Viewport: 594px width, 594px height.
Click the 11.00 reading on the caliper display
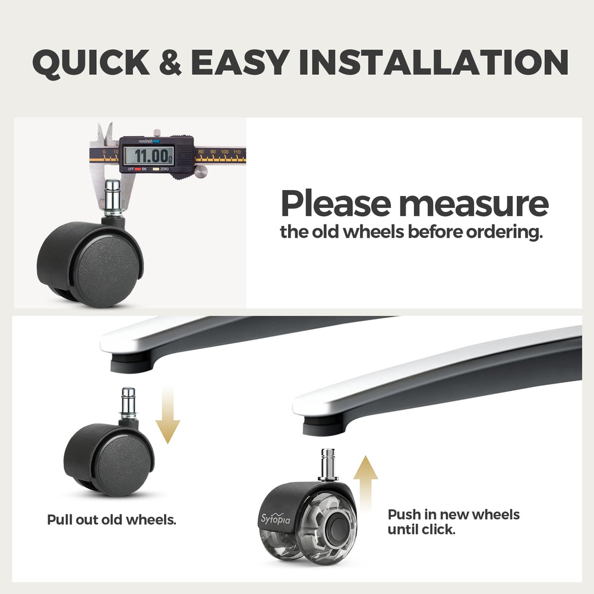152,156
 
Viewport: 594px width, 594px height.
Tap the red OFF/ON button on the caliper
138,169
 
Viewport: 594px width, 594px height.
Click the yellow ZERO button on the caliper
156,169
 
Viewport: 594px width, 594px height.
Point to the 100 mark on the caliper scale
225,152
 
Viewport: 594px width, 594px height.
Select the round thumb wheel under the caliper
201,171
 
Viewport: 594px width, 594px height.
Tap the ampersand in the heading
170,62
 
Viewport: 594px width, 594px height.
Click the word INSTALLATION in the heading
434,62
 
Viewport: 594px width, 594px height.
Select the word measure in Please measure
473,204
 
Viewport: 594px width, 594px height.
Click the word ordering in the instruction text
504,232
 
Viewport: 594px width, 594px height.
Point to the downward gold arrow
168,415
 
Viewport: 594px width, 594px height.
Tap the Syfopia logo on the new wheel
276,519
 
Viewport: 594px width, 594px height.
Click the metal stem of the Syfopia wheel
328,465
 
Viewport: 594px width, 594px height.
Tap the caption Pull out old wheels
112,520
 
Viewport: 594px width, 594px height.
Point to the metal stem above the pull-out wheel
128,403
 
